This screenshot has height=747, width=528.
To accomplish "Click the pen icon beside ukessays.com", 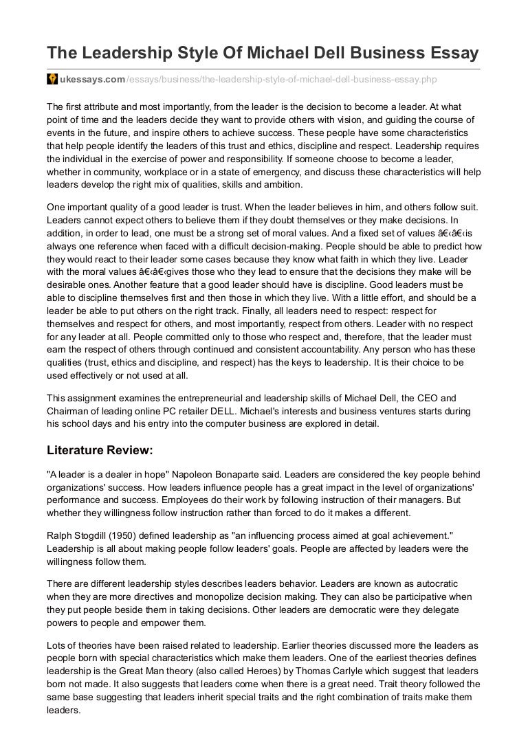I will (52, 80).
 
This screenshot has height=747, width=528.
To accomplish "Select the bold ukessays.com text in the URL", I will (92, 80).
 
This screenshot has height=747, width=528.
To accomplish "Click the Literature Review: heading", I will (100, 451).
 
